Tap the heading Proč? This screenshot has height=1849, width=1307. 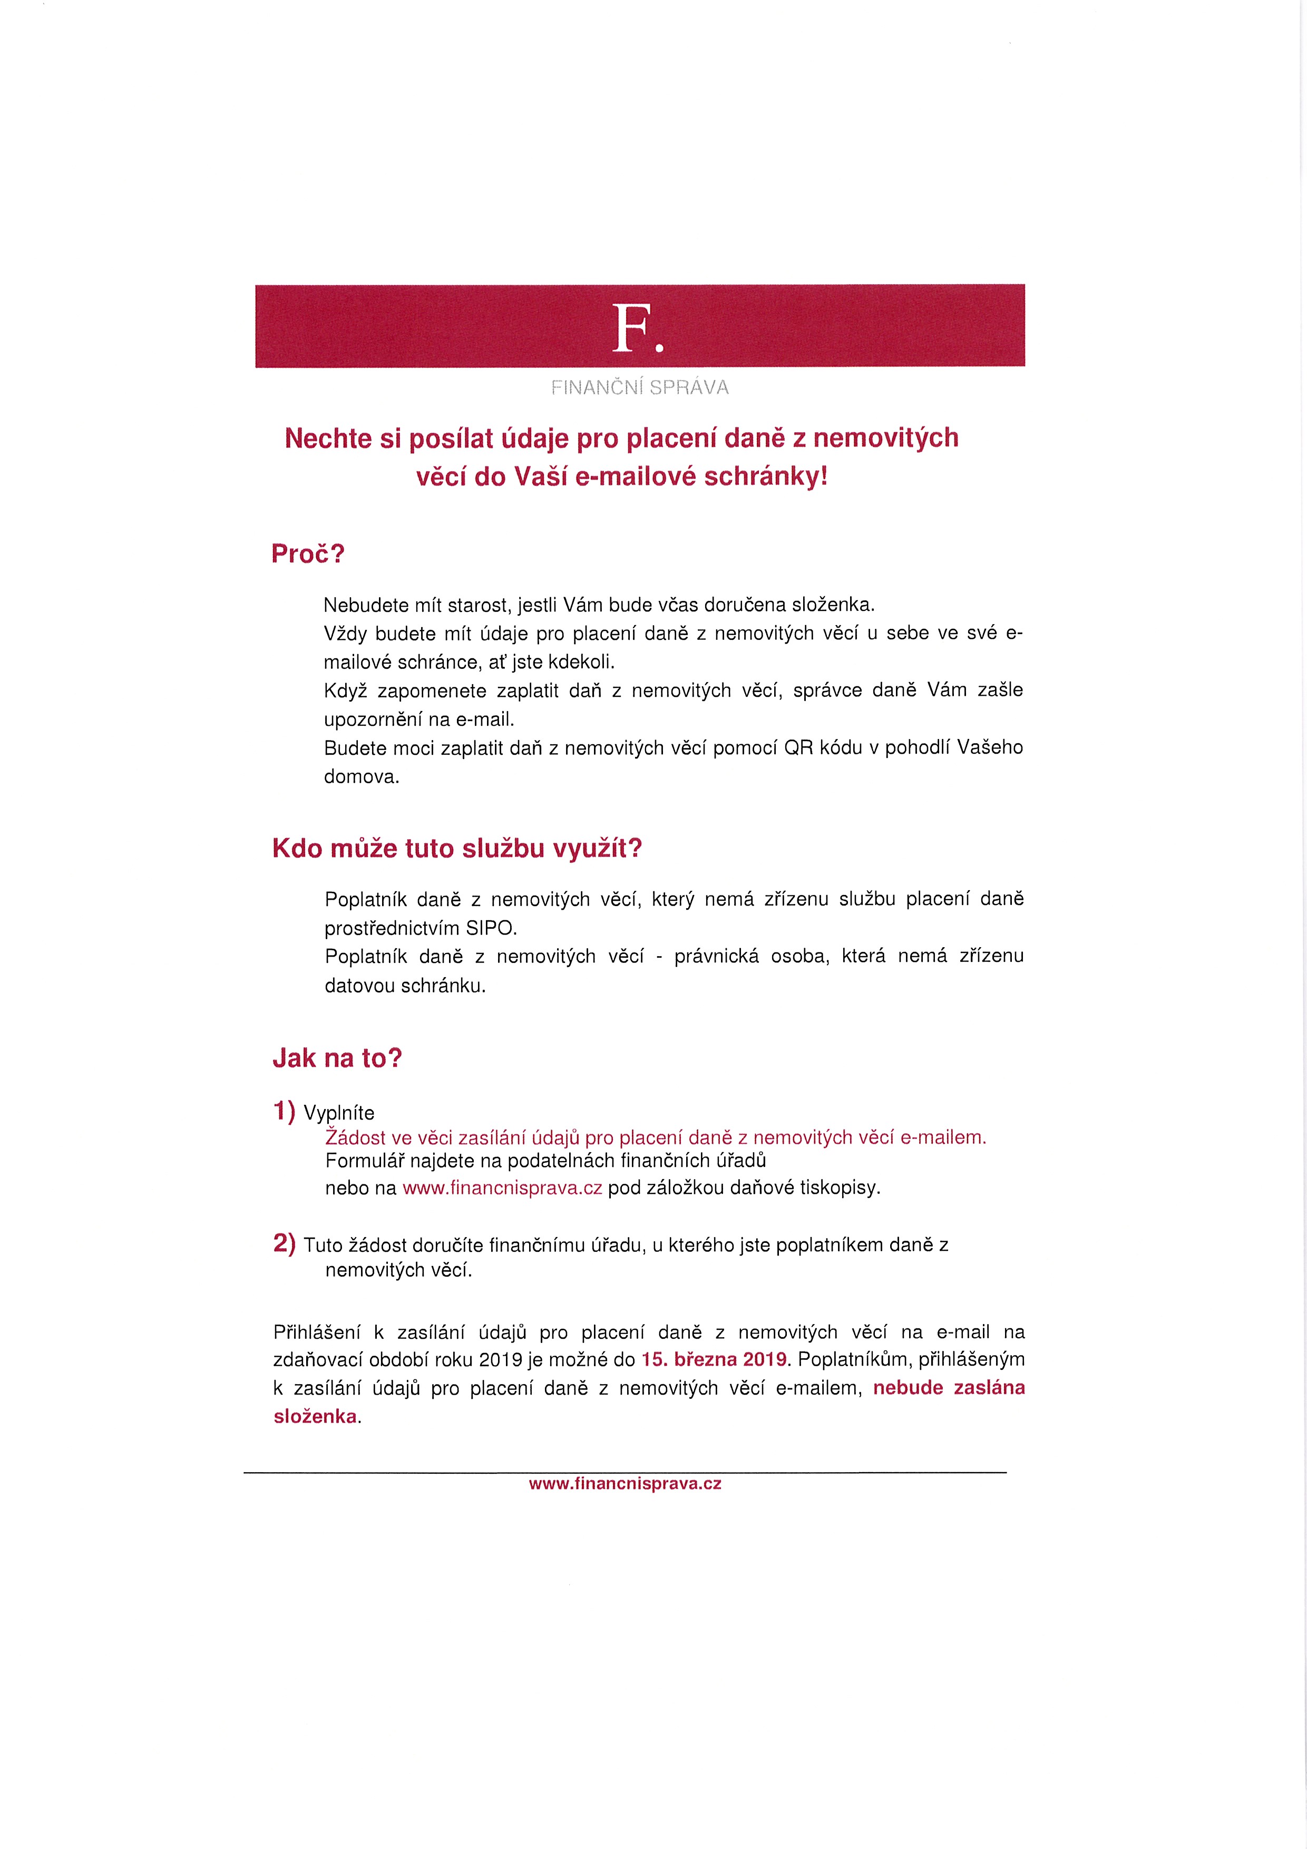[308, 554]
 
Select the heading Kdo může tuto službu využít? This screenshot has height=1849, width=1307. [456, 849]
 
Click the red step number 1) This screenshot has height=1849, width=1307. [284, 1111]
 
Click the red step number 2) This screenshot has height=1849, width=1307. [284, 1243]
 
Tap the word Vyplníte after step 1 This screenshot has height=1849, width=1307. [339, 1113]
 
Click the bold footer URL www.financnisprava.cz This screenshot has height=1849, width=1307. [625, 1483]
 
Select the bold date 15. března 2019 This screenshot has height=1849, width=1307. [714, 1359]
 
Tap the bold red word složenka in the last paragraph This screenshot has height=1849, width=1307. [315, 1417]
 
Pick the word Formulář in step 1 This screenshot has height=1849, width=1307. [365, 1161]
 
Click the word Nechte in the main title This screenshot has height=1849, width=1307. [328, 438]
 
